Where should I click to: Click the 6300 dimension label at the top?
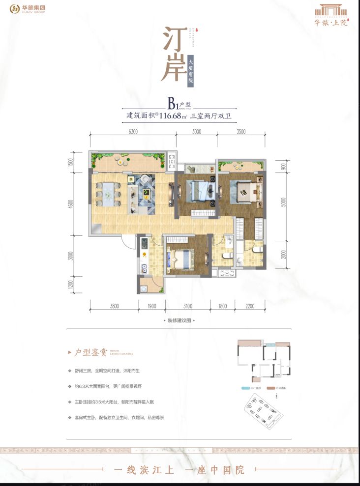click(132, 131)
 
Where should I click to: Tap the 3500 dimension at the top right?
click(241, 131)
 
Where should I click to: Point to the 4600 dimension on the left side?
click(71, 203)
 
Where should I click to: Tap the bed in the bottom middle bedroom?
click(182, 258)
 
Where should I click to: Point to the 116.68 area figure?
click(171, 116)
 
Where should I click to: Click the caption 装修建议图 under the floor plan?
click(180, 320)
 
